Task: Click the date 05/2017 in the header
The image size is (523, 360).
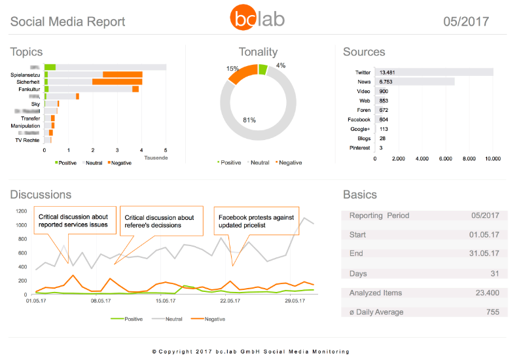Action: tap(466, 21)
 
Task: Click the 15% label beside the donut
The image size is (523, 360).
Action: tap(232, 69)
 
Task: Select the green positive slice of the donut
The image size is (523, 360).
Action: tap(262, 69)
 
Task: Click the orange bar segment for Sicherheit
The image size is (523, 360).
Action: tap(117, 82)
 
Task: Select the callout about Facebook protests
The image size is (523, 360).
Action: tap(256, 221)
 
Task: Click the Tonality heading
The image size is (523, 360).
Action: tap(258, 52)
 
